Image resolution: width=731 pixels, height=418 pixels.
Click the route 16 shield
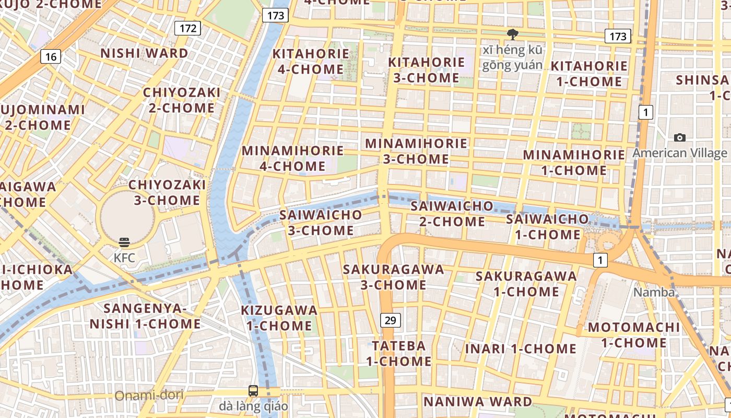51,56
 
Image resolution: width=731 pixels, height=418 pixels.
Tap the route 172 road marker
187,28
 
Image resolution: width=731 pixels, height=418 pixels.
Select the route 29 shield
390,320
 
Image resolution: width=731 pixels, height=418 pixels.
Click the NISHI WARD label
144,53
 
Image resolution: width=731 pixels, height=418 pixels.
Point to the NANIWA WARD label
477,402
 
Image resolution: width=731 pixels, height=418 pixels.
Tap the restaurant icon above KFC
124,242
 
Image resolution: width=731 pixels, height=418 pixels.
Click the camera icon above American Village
679,137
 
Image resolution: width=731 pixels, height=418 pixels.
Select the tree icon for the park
512,34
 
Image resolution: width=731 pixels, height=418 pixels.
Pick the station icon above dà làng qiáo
253,390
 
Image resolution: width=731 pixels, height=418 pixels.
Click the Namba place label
654,292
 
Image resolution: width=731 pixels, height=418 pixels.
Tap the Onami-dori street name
149,395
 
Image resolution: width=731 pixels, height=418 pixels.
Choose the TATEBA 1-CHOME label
398,353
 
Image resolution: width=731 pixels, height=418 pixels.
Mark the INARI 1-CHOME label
521,349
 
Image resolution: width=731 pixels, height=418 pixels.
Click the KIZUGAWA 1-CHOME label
279,318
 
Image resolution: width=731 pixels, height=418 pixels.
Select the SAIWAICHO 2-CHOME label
452,213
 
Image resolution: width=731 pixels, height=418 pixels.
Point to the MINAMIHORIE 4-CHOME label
293,158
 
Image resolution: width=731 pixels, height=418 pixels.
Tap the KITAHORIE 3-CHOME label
426,69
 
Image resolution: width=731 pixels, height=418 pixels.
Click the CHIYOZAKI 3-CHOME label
167,192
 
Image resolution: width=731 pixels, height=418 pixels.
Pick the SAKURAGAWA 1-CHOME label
526,283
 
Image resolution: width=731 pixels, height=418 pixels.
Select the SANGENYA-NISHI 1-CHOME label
145,316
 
